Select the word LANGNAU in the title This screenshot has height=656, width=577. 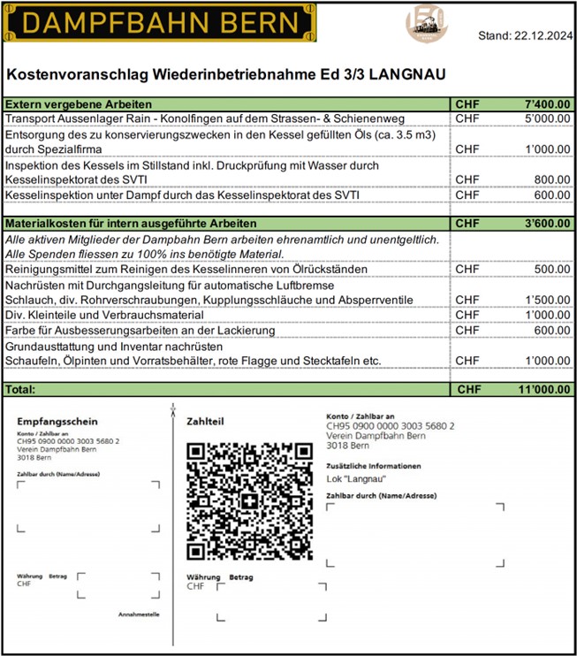click(x=402, y=74)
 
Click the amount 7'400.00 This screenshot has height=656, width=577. click(x=546, y=104)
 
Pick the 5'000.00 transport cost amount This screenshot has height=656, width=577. click(x=546, y=118)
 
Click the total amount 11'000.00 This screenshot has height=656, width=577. click(x=543, y=389)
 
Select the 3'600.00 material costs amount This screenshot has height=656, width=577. click(x=546, y=223)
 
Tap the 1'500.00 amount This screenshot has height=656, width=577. click(x=546, y=300)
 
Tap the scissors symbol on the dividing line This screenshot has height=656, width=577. click(x=173, y=411)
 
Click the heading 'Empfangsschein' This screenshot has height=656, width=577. click(x=57, y=423)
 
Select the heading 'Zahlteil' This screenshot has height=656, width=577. click(x=205, y=423)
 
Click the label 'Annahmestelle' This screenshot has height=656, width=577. click(x=139, y=613)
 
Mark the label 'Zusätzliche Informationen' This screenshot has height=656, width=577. click(x=373, y=465)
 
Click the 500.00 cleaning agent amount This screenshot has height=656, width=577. click(x=552, y=269)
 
